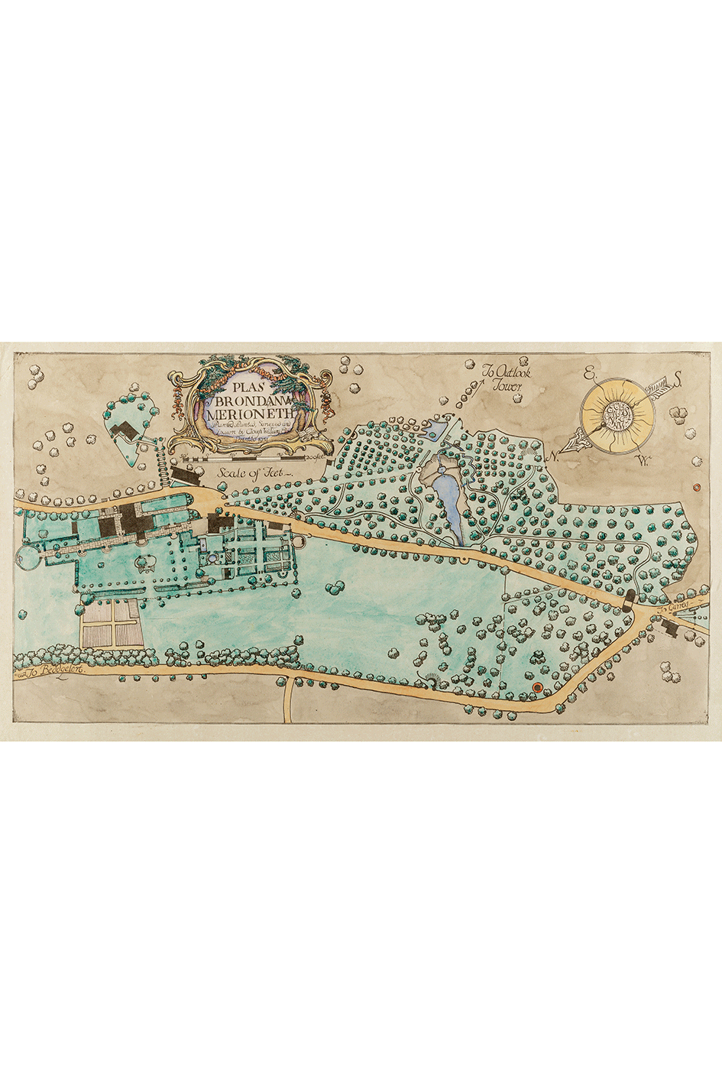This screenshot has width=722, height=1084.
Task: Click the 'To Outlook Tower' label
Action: [505, 379]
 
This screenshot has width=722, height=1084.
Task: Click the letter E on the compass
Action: [588, 374]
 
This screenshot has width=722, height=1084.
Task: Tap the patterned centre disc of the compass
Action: [618, 414]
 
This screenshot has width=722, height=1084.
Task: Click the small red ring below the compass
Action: [696, 486]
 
